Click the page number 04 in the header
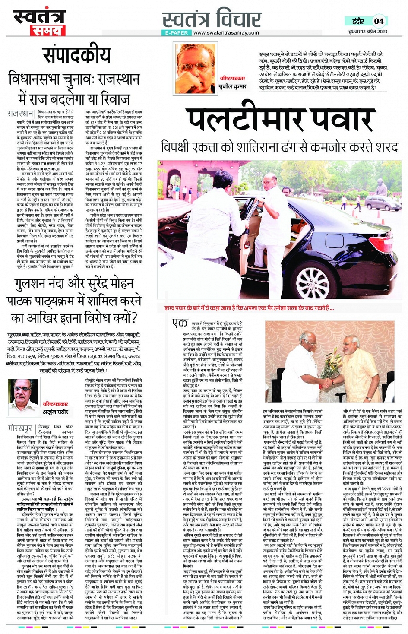(x=379, y=21)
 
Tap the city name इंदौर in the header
(x=357, y=21)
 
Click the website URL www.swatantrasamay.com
(x=226, y=32)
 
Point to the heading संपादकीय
(x=76, y=55)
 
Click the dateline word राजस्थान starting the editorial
(x=20, y=114)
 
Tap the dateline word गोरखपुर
(x=20, y=428)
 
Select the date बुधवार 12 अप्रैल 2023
(x=367, y=32)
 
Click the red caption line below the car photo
(x=249, y=308)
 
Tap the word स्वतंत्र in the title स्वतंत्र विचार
(x=187, y=20)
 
